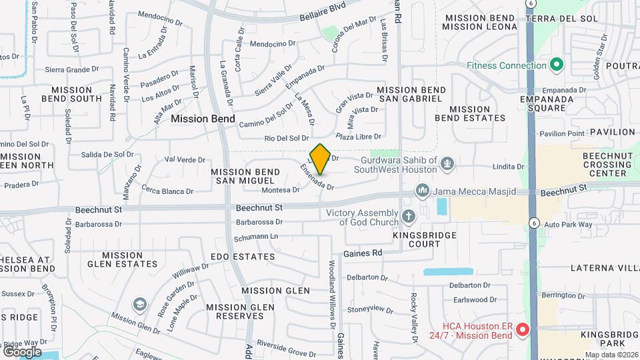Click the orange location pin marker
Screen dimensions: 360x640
(x=320, y=159)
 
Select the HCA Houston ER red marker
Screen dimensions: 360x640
(x=523, y=329)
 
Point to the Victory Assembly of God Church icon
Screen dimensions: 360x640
(x=408, y=217)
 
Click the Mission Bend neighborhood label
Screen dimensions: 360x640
(x=203, y=119)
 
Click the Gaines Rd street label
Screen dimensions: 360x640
(x=363, y=253)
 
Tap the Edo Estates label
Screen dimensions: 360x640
(x=243, y=257)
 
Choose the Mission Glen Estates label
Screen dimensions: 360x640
(x=123, y=259)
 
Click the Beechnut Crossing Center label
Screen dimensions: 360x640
(x=603, y=164)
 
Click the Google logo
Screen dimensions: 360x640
(x=22, y=351)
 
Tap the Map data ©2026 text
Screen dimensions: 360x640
(x=611, y=355)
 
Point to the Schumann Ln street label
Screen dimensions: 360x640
(x=255, y=237)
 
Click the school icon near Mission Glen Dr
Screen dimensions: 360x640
(x=139, y=305)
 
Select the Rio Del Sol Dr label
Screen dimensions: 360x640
(x=287, y=139)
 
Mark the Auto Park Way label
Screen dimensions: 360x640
(x=568, y=225)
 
